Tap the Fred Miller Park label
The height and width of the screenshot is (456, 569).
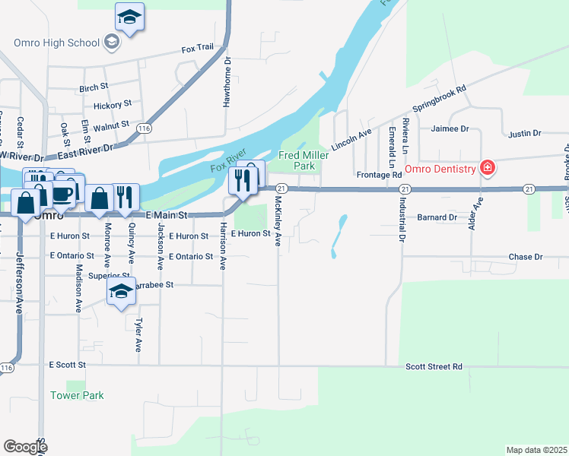click(x=296, y=160)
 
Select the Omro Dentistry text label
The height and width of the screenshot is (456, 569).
click(x=440, y=169)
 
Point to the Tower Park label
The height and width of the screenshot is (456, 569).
click(x=77, y=395)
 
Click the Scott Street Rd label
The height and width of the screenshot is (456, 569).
click(x=434, y=366)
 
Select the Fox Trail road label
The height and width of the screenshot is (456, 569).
click(x=198, y=49)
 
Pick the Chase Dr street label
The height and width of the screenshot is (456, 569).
click(x=526, y=257)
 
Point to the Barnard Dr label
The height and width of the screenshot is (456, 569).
click(x=436, y=217)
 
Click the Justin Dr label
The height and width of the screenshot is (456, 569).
click(x=524, y=133)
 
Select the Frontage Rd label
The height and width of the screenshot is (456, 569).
click(x=379, y=175)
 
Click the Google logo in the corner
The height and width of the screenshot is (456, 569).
click(x=25, y=446)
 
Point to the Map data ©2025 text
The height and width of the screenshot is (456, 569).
click(x=536, y=450)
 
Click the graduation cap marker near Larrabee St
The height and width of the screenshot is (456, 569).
click(x=121, y=292)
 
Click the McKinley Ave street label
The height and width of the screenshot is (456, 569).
click(x=278, y=221)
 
